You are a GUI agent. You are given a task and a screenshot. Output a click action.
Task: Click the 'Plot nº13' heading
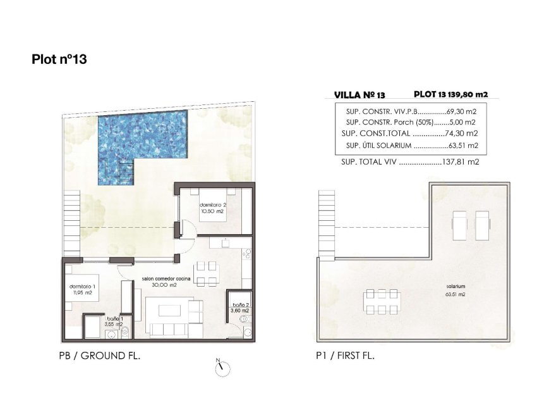coord(59,59)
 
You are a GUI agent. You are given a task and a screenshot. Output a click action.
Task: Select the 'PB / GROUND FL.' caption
coord(99,356)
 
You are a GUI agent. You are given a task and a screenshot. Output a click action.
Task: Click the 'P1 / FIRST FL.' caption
coord(345,356)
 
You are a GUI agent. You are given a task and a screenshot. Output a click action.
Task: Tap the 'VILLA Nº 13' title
coord(359,95)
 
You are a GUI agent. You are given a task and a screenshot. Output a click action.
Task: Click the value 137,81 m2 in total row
coord(461,162)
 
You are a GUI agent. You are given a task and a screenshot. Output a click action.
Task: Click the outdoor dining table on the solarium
coord(380,301)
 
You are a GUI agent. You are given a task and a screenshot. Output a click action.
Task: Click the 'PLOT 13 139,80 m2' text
coord(450,94)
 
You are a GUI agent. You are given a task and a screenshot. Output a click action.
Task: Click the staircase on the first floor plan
coord(326,225)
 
